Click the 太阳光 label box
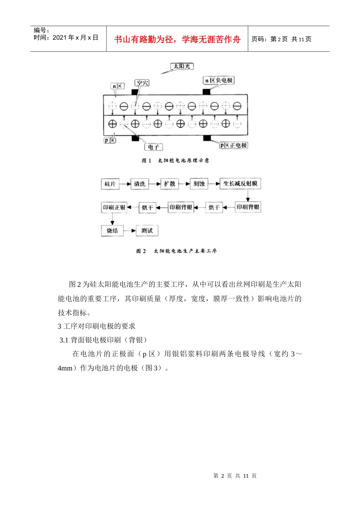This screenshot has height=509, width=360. pos(182,66)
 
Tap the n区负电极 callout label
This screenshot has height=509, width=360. pos(219,80)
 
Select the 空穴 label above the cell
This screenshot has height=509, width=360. pos(142,83)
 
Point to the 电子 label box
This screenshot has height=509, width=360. pos(153,147)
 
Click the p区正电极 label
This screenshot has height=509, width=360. pos(233,145)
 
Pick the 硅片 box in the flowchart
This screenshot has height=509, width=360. pos(110,184)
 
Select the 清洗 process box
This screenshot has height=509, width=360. pos(139,184)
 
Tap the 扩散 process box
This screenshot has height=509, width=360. pos(169,184)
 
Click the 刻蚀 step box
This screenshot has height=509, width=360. pos(199,184)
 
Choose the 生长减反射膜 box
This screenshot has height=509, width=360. pos(240,184)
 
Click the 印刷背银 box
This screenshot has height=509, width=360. pos(248,207)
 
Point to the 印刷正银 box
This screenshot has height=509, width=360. pos(114,207)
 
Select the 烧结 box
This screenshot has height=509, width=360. pos(112,230)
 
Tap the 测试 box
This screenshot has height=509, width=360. pos(147,230)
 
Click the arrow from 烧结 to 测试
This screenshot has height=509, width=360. pos(130,231)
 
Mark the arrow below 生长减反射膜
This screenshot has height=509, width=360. pos(248,195)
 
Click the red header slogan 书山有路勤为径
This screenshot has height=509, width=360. pos(177,39)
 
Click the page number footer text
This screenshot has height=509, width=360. pos(235,476)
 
